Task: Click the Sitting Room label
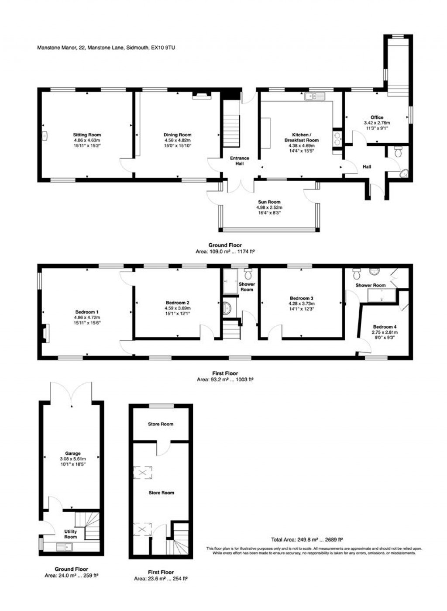pos(87,135)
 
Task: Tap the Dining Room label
pos(177,135)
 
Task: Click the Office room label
pos(377,117)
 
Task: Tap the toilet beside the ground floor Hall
pos(398,152)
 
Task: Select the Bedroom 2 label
pos(177,303)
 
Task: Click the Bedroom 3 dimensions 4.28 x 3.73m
pos(301,304)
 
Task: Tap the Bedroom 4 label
pos(385,327)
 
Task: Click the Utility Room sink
pos(65,546)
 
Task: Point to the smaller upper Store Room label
pos(161,424)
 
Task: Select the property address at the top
pos(106,48)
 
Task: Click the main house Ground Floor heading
pos(225,245)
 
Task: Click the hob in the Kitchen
pos(337,138)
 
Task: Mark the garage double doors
pos(71,392)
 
